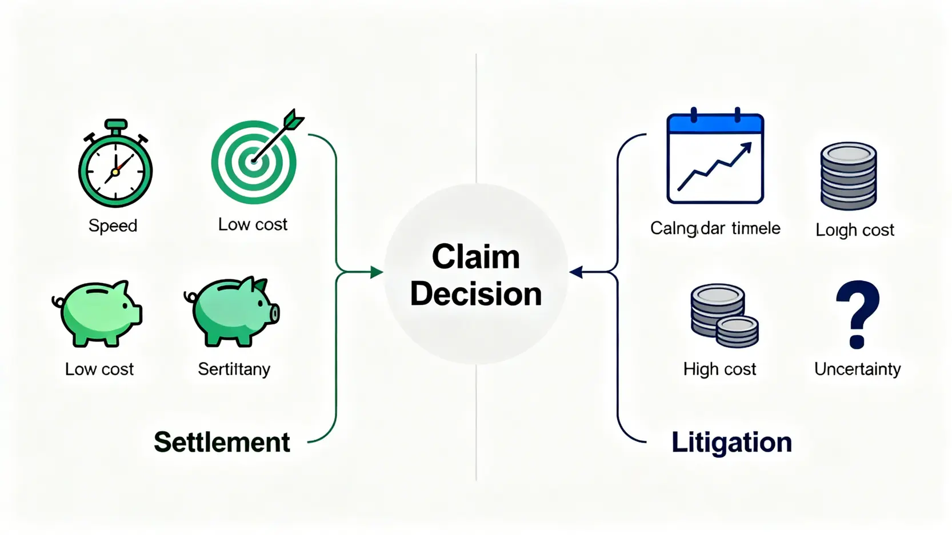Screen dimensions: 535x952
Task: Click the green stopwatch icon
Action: click(115, 165)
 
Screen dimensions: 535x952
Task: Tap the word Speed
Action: click(113, 226)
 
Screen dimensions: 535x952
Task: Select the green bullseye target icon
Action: click(255, 160)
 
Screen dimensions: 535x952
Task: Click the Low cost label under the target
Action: click(253, 224)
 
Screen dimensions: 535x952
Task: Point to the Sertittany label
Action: click(234, 369)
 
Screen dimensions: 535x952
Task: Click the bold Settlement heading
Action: click(222, 442)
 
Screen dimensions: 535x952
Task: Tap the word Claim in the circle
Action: click(476, 256)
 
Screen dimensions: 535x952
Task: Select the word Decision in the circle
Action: click(476, 293)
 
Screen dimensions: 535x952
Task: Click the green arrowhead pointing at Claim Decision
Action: click(377, 272)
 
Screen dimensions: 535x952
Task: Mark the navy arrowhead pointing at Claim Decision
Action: click(576, 272)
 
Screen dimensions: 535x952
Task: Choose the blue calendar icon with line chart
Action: click(715, 158)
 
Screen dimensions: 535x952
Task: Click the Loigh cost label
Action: click(855, 230)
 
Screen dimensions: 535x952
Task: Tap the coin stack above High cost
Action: click(723, 315)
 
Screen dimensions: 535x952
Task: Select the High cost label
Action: click(719, 369)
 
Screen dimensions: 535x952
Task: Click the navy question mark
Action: click(857, 314)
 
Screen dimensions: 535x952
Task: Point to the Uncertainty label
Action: click(858, 369)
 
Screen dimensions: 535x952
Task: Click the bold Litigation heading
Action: click(731, 442)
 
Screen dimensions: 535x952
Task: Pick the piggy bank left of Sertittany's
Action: click(99, 313)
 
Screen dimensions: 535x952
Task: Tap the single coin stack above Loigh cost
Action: click(849, 176)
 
